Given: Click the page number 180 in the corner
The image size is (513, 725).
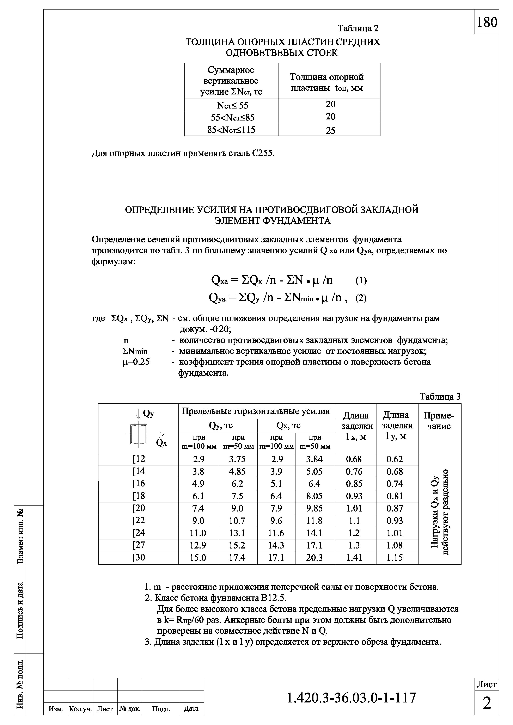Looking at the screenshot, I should [x=487, y=22].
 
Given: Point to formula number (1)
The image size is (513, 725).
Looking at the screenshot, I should [x=361, y=280].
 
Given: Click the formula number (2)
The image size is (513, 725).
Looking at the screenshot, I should [x=361, y=298].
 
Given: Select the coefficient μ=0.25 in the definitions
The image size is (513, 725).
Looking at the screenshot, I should [x=136, y=362].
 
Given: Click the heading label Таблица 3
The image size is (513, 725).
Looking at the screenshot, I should [x=440, y=397].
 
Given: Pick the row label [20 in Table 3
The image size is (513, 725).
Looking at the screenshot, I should [x=139, y=508].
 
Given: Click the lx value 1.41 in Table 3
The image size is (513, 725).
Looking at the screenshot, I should [x=354, y=558].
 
